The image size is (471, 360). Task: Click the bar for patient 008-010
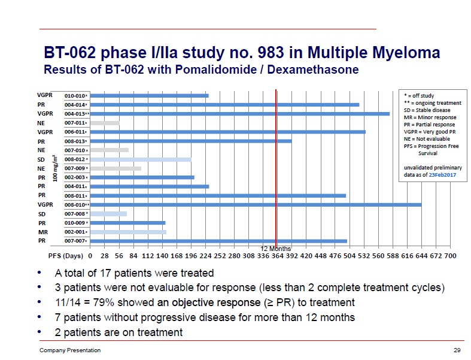pyautogui.click(x=256, y=204)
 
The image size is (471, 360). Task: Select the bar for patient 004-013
pyautogui.click(x=239, y=113)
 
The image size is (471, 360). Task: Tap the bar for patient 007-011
pyautogui.click(x=105, y=123)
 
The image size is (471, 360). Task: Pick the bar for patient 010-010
pyautogui.click(x=150, y=95)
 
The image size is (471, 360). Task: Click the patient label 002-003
pyautogui.click(x=76, y=177)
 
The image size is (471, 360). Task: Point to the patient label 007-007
pyautogui.click(x=76, y=241)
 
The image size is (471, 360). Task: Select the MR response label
pyautogui.click(x=42, y=231)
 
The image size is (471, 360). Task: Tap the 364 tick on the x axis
pyautogui.click(x=276, y=256)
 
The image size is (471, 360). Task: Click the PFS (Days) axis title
pyautogui.click(x=65, y=256)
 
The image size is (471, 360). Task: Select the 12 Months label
pyautogui.click(x=276, y=248)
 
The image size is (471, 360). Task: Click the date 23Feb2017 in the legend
pyautogui.click(x=443, y=176)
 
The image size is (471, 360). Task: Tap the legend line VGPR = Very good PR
pyautogui.click(x=429, y=132)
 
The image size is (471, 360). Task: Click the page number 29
pyautogui.click(x=457, y=350)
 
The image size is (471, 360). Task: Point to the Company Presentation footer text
pyautogui.click(x=70, y=350)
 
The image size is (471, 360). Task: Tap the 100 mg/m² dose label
pyautogui.click(x=56, y=168)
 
